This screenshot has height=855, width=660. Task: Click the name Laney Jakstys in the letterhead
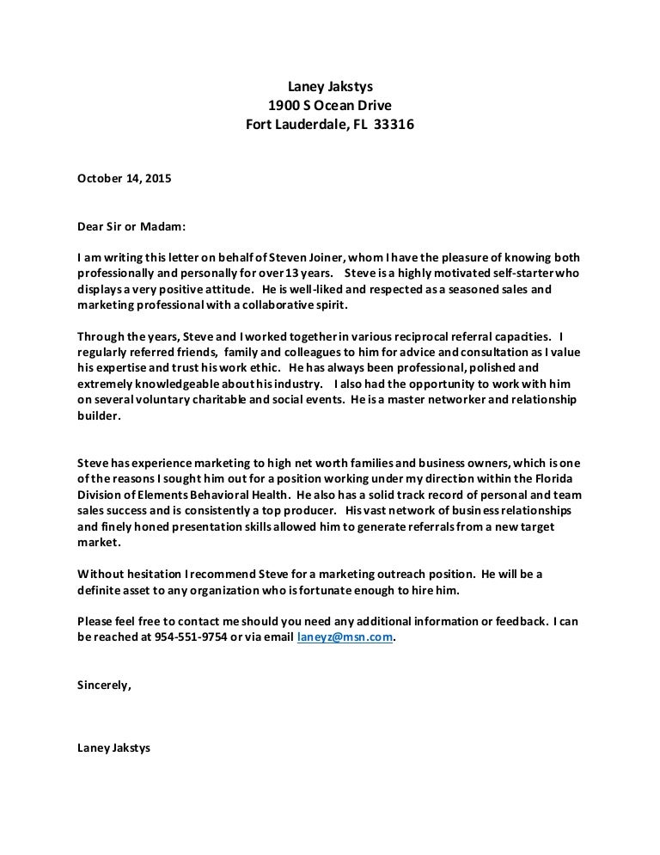(x=330, y=85)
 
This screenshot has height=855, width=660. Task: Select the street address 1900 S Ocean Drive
(x=330, y=105)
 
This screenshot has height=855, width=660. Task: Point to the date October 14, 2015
(x=125, y=179)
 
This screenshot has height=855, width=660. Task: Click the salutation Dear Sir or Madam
(x=131, y=228)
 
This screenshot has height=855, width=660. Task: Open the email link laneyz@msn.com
(x=344, y=637)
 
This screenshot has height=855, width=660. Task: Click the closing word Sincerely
(x=104, y=686)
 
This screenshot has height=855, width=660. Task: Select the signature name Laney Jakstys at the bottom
(x=113, y=748)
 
